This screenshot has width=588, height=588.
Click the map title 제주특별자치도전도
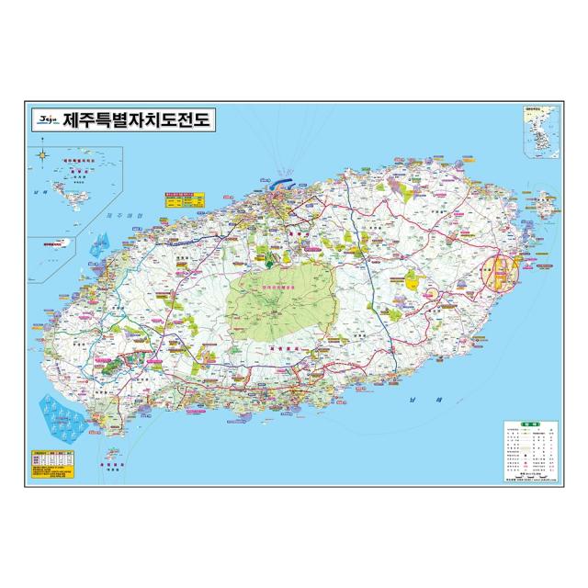[139, 119]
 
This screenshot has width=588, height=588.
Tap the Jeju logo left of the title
[46, 119]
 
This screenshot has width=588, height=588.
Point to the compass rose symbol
[43, 153]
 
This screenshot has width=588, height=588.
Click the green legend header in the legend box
[530, 424]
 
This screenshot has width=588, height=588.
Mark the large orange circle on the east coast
[501, 271]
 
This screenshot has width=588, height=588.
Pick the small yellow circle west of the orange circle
[433, 291]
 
